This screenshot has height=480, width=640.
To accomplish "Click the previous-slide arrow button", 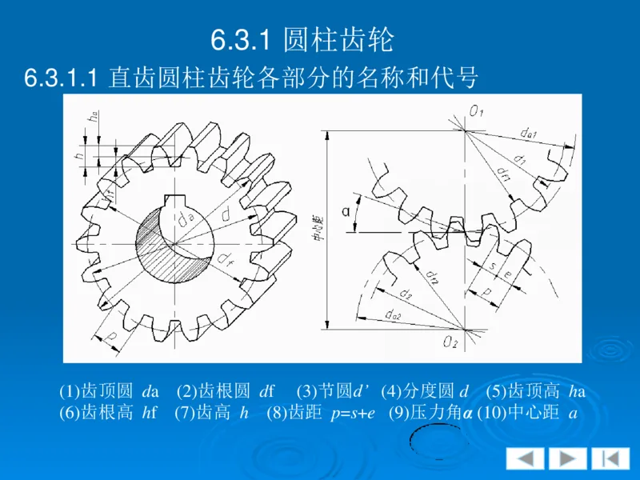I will pyautogui.click(x=525, y=458).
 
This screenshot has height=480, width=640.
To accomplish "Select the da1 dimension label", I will pyautogui.click(x=528, y=133).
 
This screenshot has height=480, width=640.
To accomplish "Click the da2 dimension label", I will pyautogui.click(x=393, y=317).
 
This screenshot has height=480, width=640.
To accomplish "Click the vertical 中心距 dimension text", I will pyautogui.click(x=317, y=227).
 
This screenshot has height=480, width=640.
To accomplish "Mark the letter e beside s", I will pyautogui.click(x=509, y=274).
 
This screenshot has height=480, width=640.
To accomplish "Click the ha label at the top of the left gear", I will pyautogui.click(x=94, y=115).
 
